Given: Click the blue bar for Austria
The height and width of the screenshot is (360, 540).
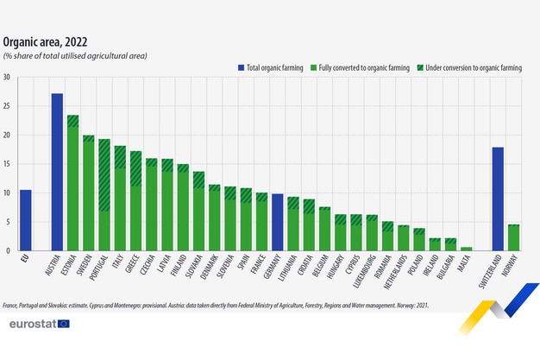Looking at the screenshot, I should [x=57, y=172].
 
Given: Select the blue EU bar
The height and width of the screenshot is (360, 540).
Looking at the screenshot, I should [x=26, y=220].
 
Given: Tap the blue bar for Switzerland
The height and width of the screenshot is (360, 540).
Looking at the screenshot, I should [x=498, y=199].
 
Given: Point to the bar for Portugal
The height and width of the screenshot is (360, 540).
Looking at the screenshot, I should [x=104, y=195].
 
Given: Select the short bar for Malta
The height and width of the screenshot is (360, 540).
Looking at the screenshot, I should [x=466, y=249].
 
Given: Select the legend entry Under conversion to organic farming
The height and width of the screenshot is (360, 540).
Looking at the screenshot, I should [x=473, y=66].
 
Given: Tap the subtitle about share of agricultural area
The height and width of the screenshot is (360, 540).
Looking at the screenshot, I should [x=76, y=55].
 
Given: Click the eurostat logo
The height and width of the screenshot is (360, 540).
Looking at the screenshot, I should [x=39, y=323].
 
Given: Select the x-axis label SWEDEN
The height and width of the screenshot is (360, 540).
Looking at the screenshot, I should [x=86, y=267].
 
